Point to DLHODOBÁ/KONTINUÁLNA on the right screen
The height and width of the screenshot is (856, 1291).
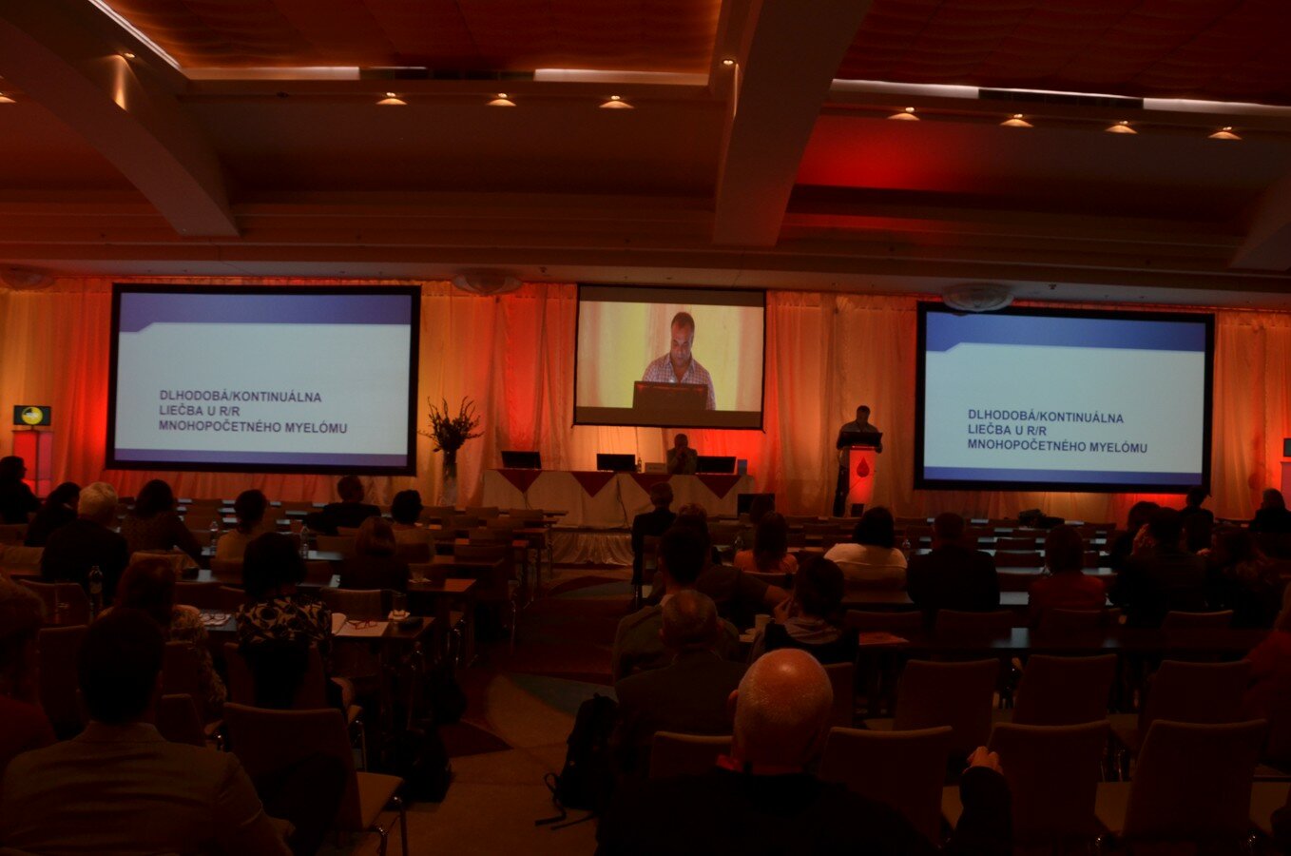click(x=1046, y=417)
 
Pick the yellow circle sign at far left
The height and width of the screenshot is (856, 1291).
click(x=32, y=415)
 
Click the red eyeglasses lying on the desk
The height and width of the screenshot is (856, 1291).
click(x=361, y=624)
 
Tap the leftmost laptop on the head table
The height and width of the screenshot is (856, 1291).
click(x=520, y=459)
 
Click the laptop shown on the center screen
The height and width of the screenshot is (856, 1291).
click(x=670, y=396)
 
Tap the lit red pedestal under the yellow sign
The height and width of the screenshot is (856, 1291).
click(x=33, y=460)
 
